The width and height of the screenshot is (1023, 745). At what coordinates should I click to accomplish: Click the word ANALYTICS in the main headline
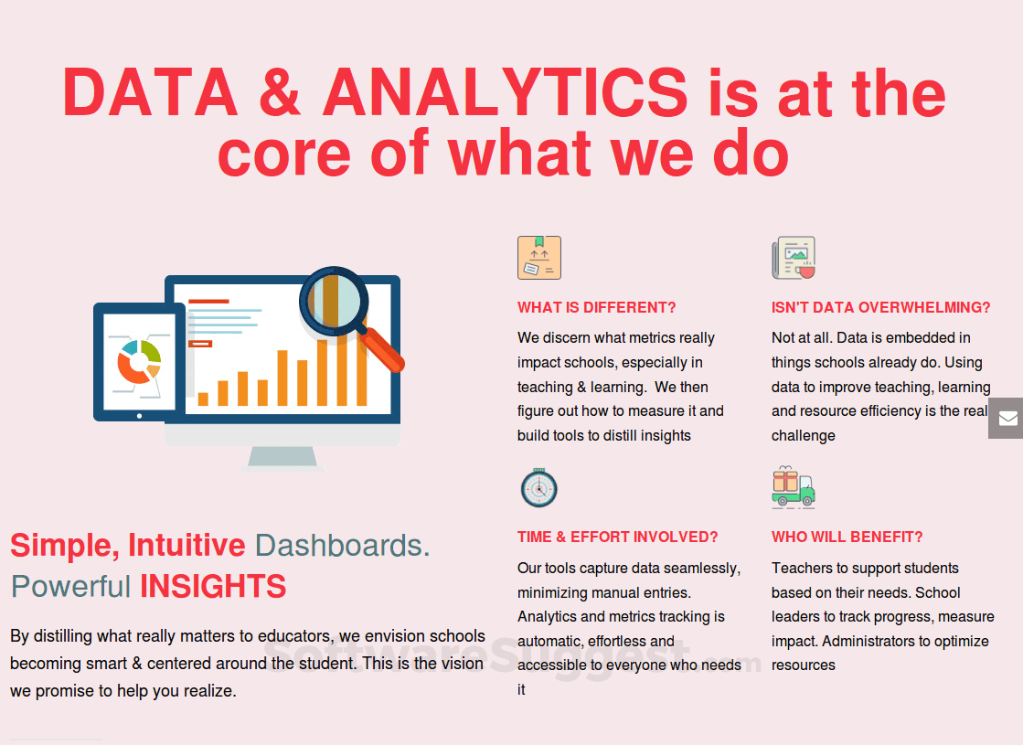tap(506, 92)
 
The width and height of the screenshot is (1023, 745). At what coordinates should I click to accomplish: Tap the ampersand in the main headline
tap(280, 92)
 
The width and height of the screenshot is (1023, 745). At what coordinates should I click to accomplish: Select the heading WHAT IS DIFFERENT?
tap(596, 307)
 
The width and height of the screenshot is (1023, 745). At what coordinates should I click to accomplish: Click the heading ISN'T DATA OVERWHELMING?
tap(880, 307)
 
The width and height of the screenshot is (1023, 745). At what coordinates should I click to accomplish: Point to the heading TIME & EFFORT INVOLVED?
tap(617, 537)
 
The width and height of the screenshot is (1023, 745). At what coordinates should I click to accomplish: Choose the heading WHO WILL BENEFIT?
tap(847, 537)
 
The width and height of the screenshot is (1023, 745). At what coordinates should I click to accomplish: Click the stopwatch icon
tap(538, 487)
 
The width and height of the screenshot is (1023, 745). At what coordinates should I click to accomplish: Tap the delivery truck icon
tap(794, 487)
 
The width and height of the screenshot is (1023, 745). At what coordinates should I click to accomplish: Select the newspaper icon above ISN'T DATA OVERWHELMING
tap(794, 258)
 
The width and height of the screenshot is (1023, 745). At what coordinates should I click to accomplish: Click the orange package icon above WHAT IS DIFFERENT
tap(538, 258)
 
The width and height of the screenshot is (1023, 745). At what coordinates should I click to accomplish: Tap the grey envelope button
tap(1006, 418)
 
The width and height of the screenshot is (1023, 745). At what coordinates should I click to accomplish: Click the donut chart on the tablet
tap(139, 362)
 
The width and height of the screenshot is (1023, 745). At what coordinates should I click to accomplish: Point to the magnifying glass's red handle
tap(381, 350)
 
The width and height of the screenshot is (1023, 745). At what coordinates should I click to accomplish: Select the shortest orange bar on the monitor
tap(203, 399)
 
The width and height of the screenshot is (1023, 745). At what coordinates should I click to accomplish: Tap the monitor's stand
tap(282, 458)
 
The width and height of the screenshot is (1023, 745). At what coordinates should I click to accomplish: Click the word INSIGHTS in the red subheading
tap(213, 587)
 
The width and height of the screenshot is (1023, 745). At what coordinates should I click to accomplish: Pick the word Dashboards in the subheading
tap(342, 546)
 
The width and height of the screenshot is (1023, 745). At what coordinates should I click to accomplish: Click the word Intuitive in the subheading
tap(186, 546)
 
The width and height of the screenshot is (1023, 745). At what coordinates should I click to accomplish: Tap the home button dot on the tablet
tap(139, 416)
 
